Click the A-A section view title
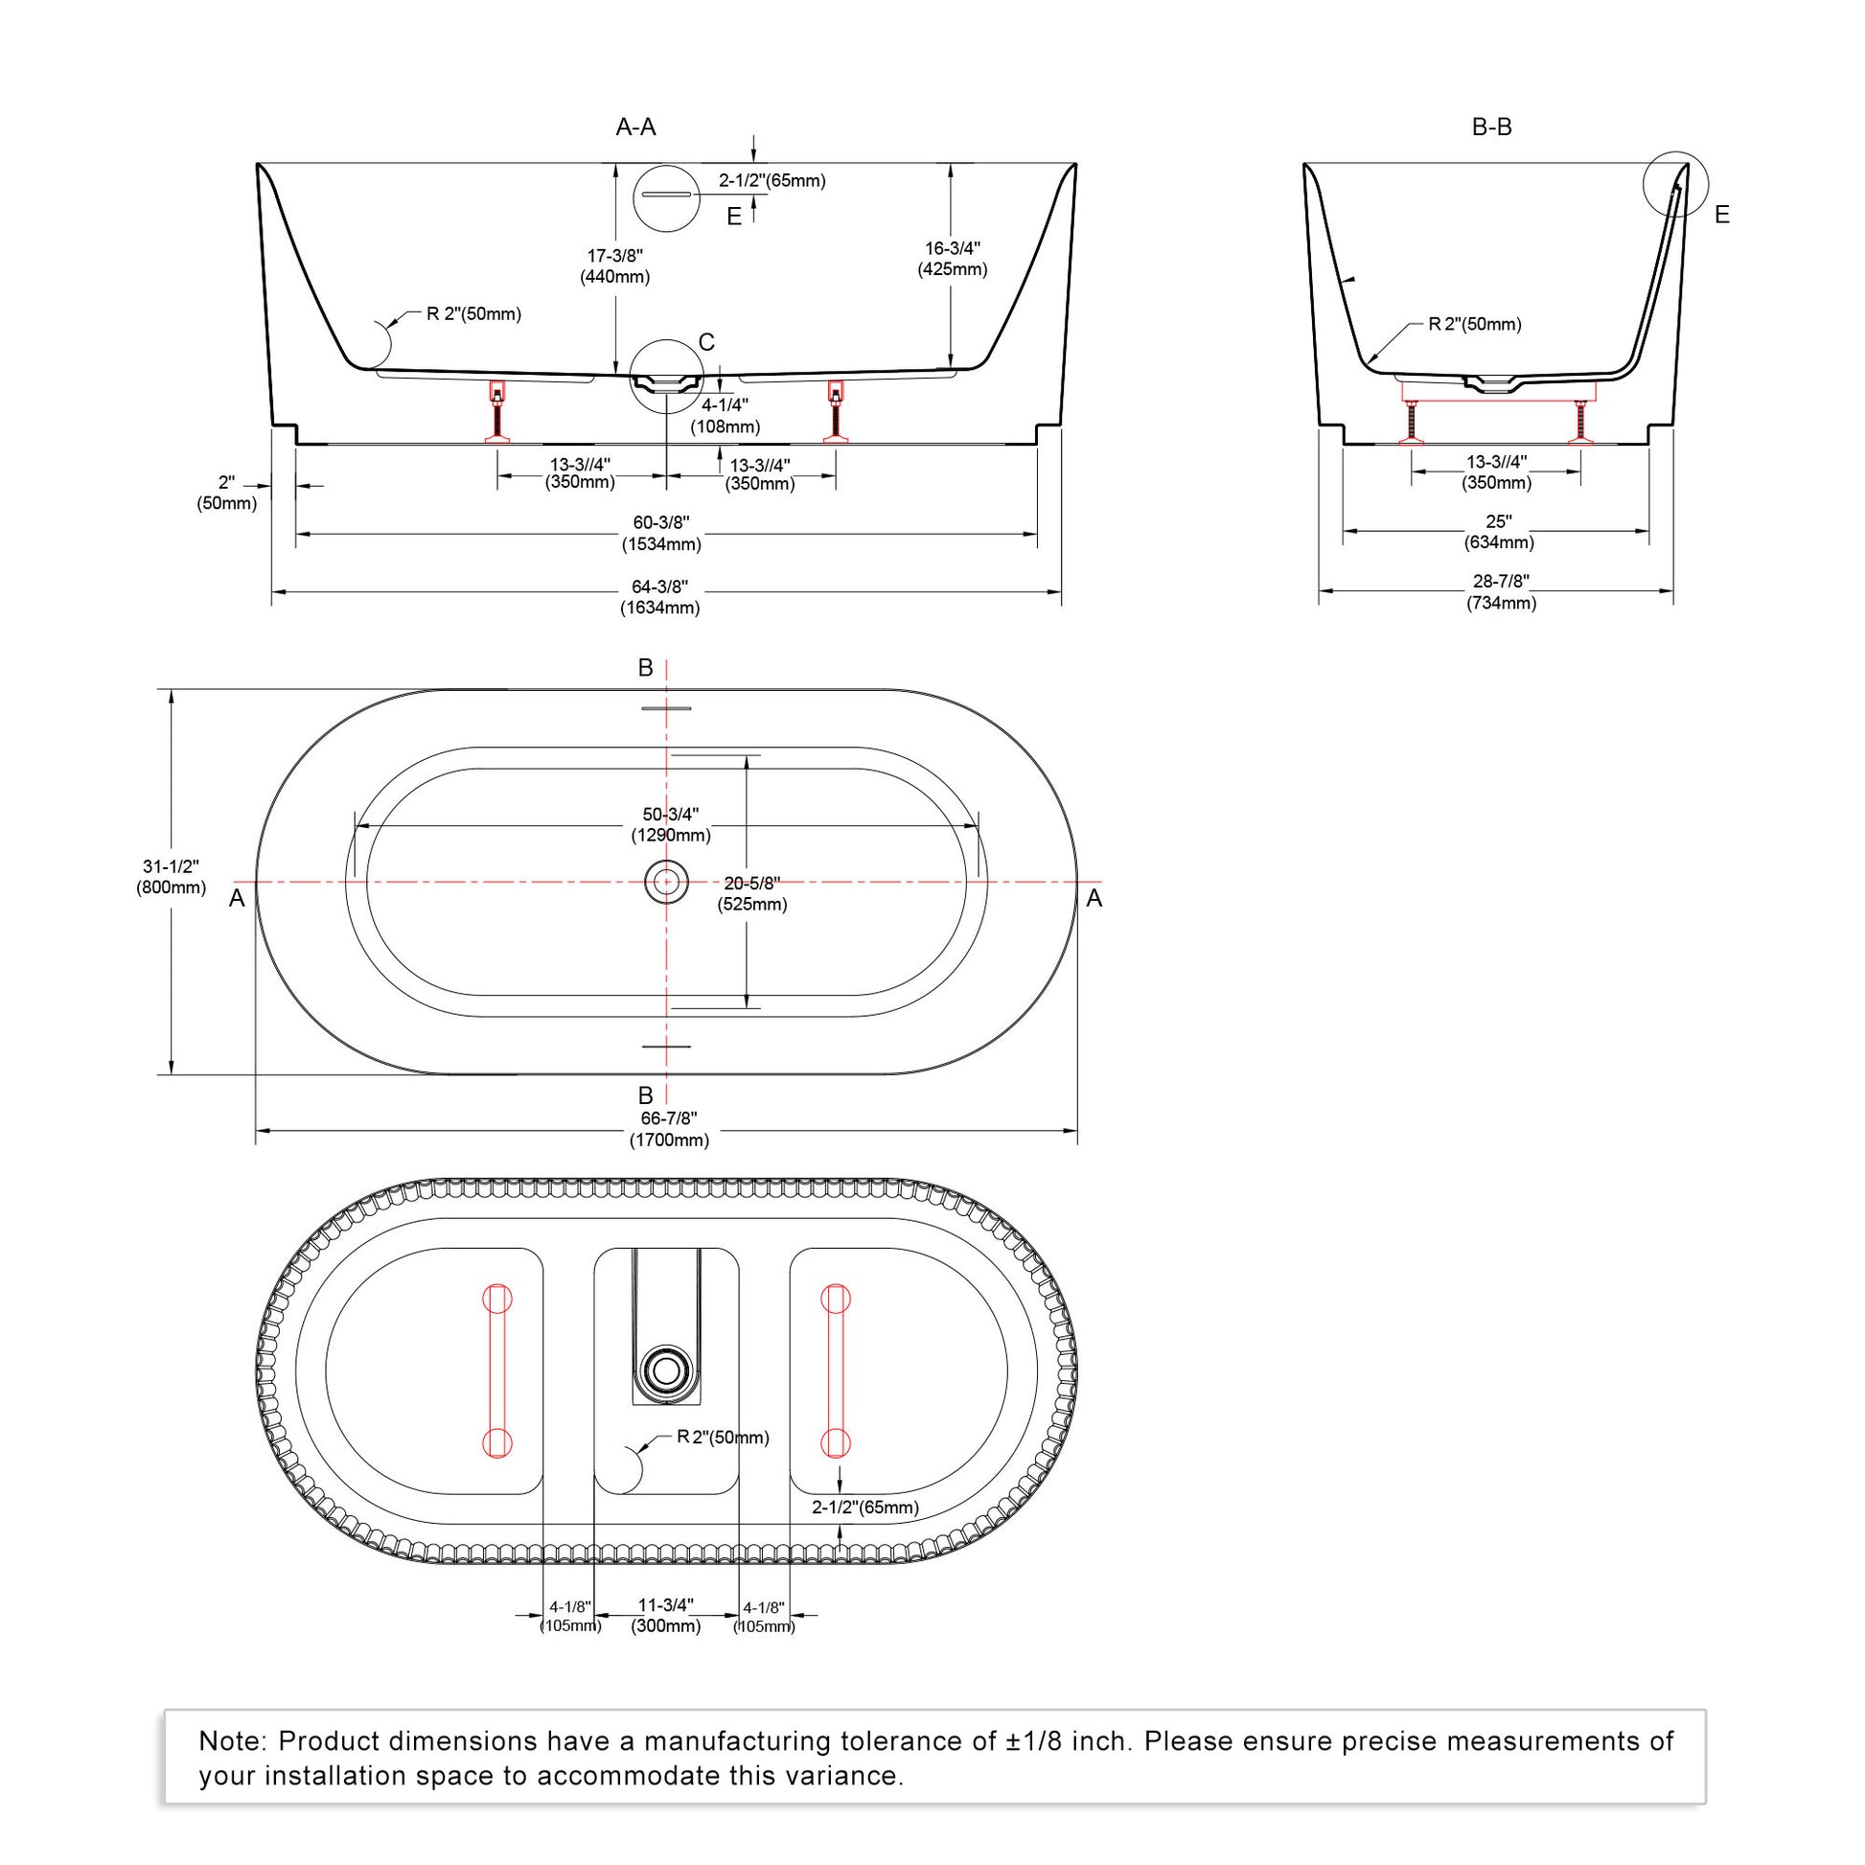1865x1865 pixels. click(x=636, y=127)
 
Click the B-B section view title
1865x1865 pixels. click(x=1491, y=127)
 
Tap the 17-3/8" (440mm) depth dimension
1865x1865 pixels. click(x=615, y=266)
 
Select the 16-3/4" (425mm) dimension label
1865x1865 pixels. click(x=953, y=259)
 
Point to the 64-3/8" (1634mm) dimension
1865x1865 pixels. click(x=660, y=597)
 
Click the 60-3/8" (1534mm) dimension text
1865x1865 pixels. click(x=661, y=533)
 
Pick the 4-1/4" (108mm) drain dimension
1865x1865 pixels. click(x=725, y=415)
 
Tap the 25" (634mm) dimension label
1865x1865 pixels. click(x=1499, y=532)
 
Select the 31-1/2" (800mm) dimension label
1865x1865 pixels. click(x=171, y=878)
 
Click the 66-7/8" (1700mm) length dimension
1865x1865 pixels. click(x=669, y=1129)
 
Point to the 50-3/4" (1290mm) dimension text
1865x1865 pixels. click(x=671, y=824)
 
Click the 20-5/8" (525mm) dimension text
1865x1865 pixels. click(x=752, y=894)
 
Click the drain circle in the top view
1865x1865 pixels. click(x=666, y=882)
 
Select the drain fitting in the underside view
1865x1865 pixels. click(x=666, y=1369)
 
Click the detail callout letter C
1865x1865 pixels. click(x=706, y=343)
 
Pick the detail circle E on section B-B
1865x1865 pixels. click(x=1676, y=183)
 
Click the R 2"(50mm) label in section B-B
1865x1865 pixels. click(x=1475, y=324)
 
